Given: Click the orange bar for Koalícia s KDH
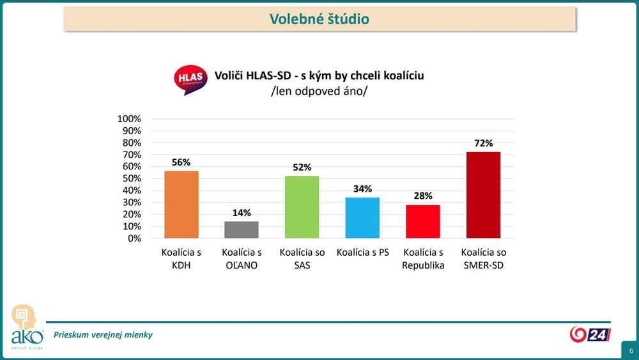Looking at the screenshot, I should click(181, 205).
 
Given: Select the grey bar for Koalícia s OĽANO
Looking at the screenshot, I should click(242, 230).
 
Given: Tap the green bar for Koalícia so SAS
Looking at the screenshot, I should click(302, 207).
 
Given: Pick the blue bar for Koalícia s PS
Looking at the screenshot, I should click(362, 218).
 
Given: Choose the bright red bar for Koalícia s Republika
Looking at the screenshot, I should click(423, 221).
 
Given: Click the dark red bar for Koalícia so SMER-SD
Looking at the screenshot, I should click(483, 195).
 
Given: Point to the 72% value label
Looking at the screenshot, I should click(484, 143).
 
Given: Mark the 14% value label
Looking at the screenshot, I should click(242, 213).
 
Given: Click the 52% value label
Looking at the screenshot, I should click(302, 168).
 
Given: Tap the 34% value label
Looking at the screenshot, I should click(363, 189).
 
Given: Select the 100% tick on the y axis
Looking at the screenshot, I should click(129, 119).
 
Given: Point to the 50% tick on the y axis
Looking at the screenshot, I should click(131, 178).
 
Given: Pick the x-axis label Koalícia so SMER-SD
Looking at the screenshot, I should click(484, 258).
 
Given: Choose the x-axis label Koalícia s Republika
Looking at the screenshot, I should click(423, 258).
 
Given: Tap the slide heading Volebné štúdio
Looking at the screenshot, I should click(319, 19).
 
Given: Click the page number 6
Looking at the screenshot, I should click(631, 351).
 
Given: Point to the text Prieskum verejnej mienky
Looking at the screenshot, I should click(103, 334).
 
